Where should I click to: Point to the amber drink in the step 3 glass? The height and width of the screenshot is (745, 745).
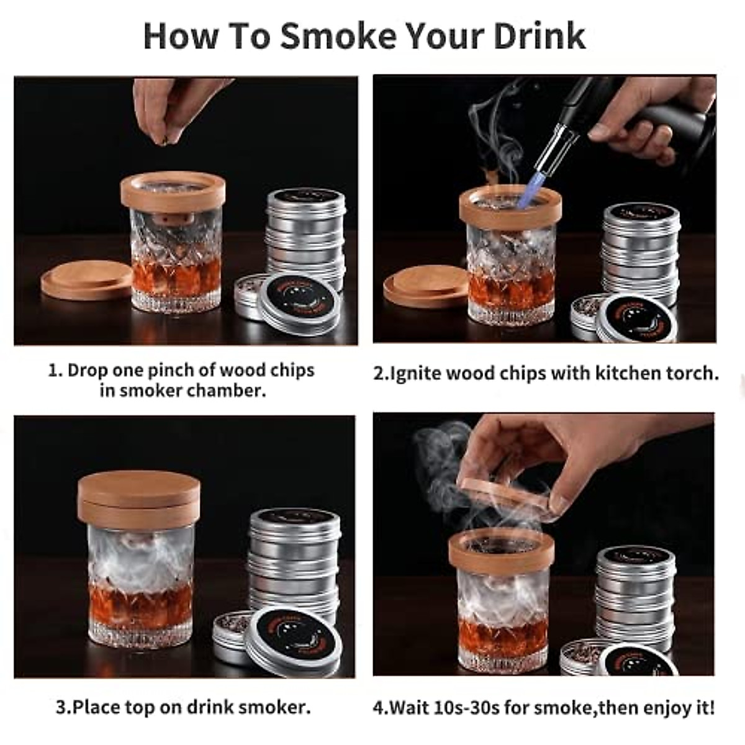click(x=140, y=605)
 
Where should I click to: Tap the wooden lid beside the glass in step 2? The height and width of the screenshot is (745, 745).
click(x=422, y=289)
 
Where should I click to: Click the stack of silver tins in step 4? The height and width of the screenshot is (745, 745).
click(x=634, y=596)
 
